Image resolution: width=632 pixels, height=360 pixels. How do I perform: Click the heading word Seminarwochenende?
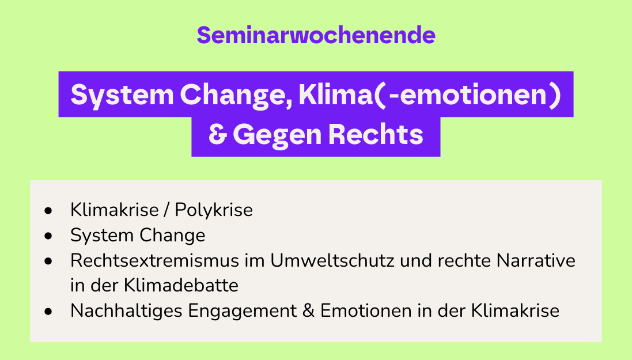point(316,35)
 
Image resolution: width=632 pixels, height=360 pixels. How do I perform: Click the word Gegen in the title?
point(277,135)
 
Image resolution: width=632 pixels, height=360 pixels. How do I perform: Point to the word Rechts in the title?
point(376,134)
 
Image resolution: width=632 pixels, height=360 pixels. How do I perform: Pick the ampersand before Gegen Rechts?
point(218,134)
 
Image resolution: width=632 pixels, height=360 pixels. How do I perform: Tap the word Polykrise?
point(214,210)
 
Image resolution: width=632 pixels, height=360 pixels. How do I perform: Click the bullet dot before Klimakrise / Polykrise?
point(48,210)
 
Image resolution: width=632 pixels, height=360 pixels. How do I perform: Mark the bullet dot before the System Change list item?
point(48,236)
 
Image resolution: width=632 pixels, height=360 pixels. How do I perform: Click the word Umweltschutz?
point(332,260)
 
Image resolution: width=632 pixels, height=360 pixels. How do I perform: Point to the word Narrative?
point(536,260)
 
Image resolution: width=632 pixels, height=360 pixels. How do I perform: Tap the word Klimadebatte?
point(181,286)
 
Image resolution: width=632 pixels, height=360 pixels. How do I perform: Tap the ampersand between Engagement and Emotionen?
point(308,311)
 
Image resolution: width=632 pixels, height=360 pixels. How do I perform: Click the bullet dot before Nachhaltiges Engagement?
point(48,311)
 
